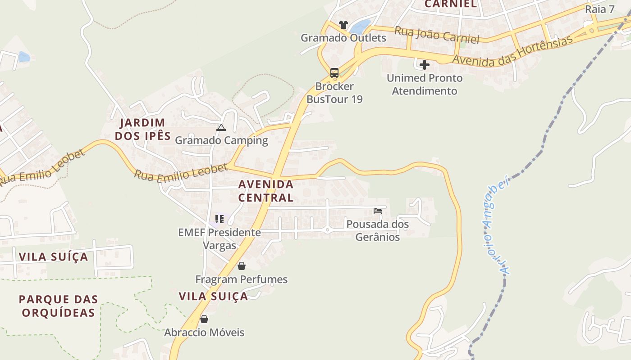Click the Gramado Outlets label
click(x=343, y=38)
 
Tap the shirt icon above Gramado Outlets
click(x=343, y=24)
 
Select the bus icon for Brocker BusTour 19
click(x=334, y=72)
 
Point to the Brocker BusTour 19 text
click(x=334, y=93)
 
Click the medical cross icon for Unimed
click(x=424, y=65)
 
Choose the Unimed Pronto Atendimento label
click(x=425, y=85)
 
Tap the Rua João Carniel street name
click(x=437, y=35)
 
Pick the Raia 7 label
click(x=599, y=9)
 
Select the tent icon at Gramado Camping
click(x=221, y=128)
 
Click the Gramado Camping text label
click(x=221, y=140)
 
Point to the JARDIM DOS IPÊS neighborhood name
click(x=142, y=129)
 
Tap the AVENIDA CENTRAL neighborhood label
click(x=266, y=191)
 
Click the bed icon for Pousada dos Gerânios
click(x=378, y=211)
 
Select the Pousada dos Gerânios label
click(x=378, y=230)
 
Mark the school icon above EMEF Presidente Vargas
click(x=219, y=219)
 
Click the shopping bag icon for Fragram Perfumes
click(x=242, y=266)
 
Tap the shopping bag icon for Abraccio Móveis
click(x=204, y=319)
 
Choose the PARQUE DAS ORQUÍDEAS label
click(x=59, y=306)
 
